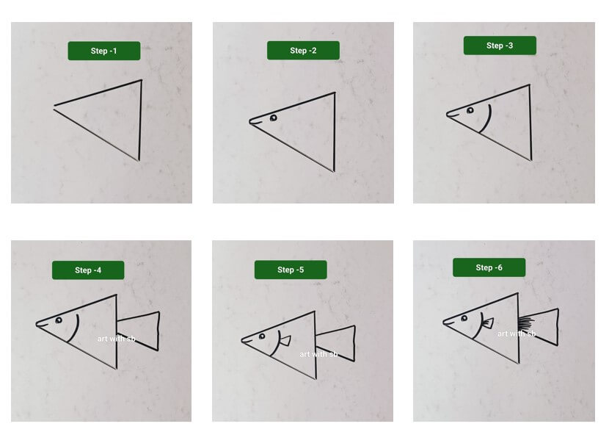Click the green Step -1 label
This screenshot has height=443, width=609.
pyautogui.click(x=104, y=51)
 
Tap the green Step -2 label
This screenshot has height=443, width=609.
pyautogui.click(x=303, y=51)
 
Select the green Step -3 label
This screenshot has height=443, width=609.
pyautogui.click(x=500, y=46)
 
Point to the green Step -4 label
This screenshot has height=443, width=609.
pyautogui.click(x=88, y=270)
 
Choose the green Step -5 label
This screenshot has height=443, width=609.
pyautogui.click(x=291, y=270)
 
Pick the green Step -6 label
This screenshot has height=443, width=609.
pyautogui.click(x=489, y=267)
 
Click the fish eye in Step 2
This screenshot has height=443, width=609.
pyautogui.click(x=274, y=118)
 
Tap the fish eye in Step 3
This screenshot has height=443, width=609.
pyautogui.click(x=470, y=110)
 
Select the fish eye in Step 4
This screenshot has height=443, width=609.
pyautogui.click(x=59, y=320)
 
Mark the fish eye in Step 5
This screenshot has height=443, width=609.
pyautogui.click(x=262, y=336)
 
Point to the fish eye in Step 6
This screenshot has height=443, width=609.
pyautogui.click(x=464, y=319)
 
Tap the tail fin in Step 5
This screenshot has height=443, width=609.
pyautogui.click(x=336, y=344)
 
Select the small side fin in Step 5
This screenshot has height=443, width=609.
pyautogui.click(x=285, y=341)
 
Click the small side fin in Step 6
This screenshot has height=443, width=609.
pyautogui.click(x=488, y=323)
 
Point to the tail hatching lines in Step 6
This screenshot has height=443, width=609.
pyautogui.click(x=526, y=323)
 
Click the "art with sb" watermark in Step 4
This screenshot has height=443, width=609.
pyautogui.click(x=116, y=339)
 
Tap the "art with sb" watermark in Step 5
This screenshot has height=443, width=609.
pyautogui.click(x=318, y=354)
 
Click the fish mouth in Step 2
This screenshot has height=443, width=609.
pyautogui.click(x=255, y=123)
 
